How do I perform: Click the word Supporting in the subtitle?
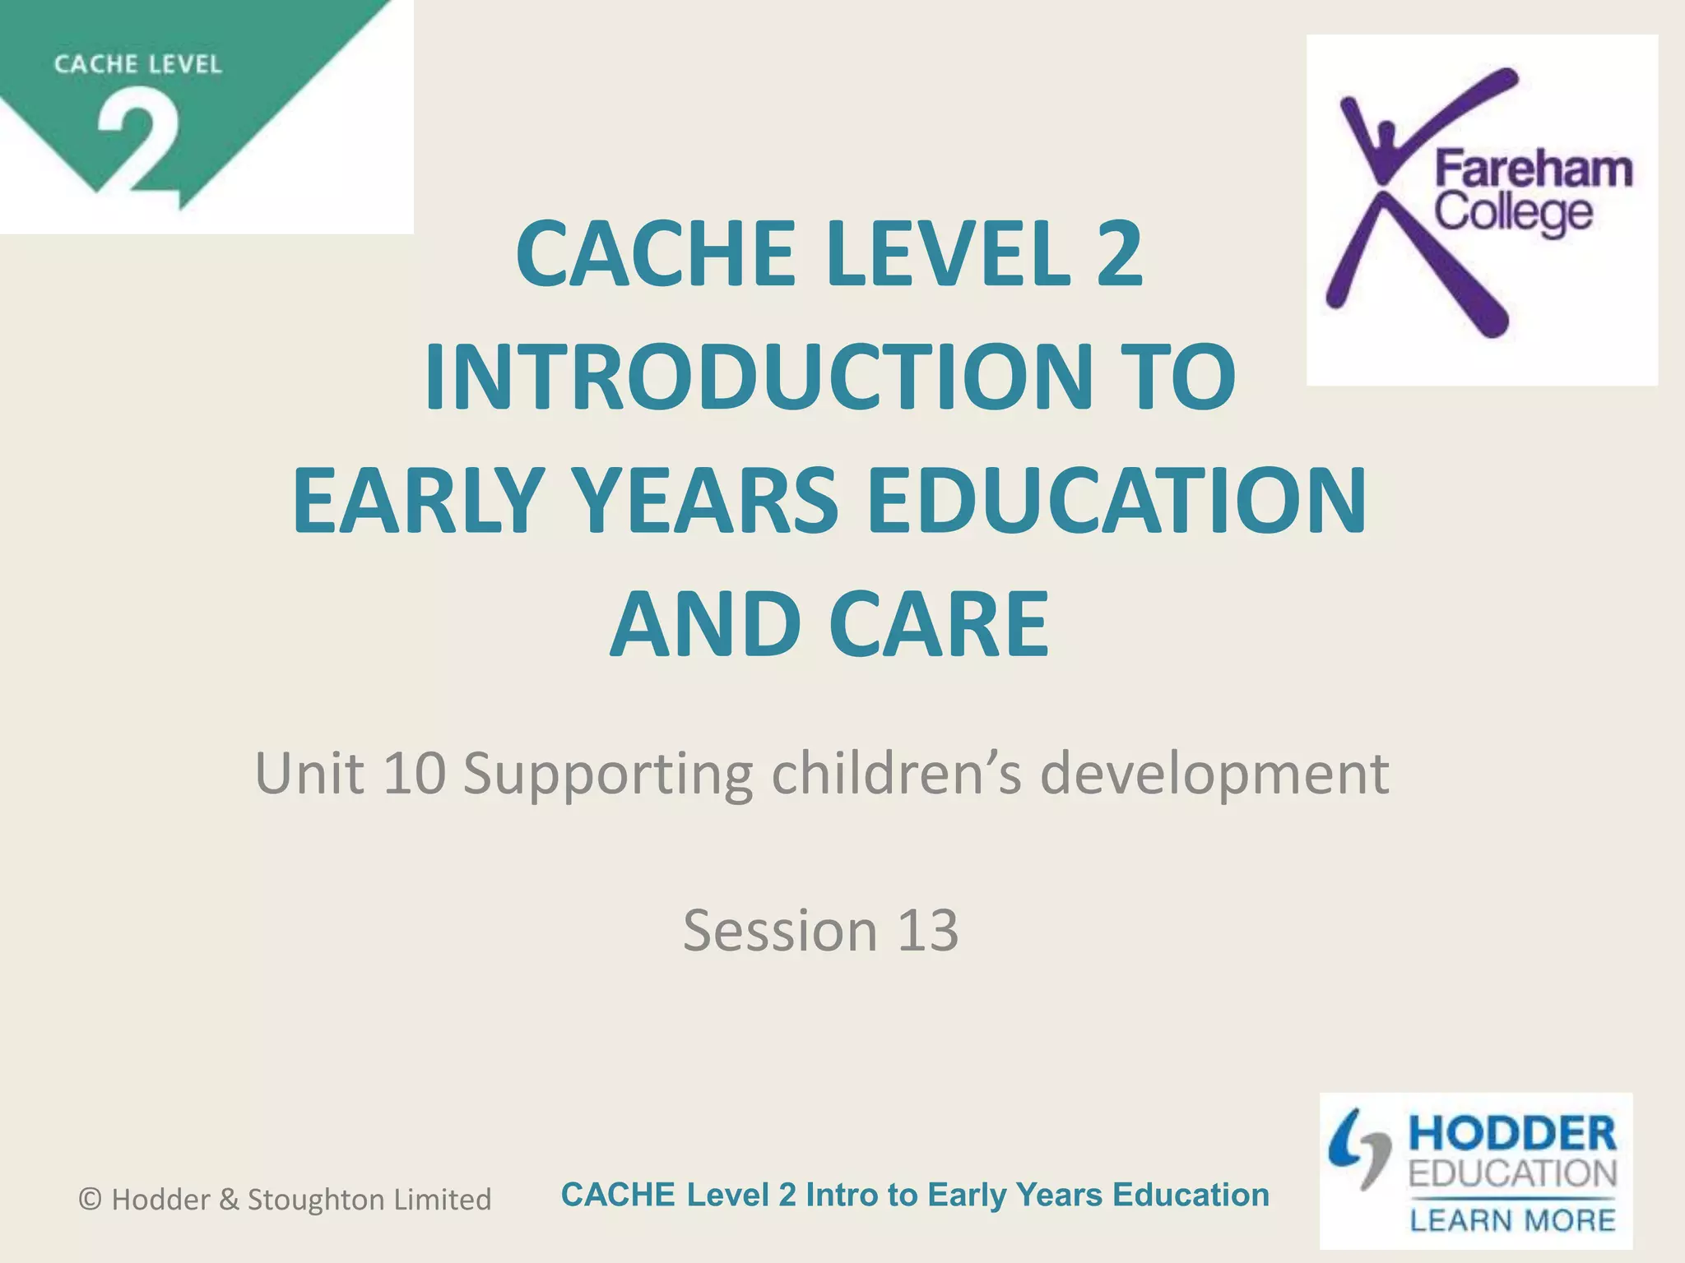[607, 775]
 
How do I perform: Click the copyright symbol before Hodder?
[90, 1200]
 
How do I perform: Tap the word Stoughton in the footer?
[316, 1200]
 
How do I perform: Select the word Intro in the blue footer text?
[841, 1195]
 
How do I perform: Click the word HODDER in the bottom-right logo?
[1512, 1135]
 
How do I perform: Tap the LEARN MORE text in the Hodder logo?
[1512, 1220]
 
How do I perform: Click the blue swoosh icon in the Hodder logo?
[1358, 1147]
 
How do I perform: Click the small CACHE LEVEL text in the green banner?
[138, 64]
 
